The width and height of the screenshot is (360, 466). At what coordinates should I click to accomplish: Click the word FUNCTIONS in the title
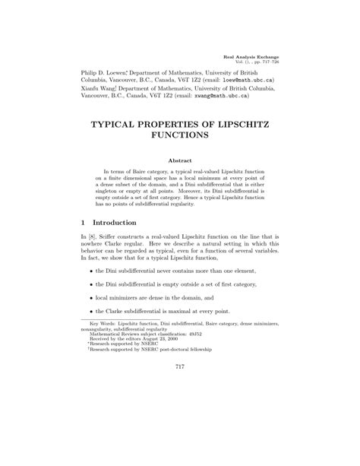(x=180, y=137)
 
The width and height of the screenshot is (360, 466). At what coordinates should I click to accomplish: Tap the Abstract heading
(x=179, y=162)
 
